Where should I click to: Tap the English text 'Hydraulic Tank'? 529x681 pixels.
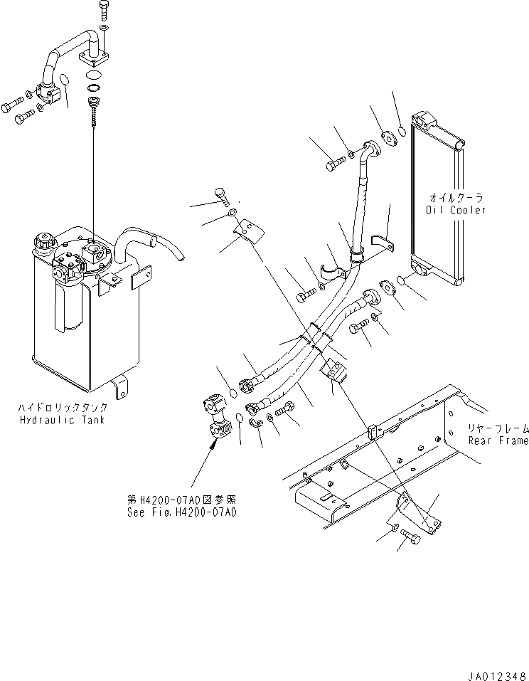point(63,420)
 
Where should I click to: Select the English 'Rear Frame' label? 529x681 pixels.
point(498,440)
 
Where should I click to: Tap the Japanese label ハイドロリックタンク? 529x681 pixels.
point(63,408)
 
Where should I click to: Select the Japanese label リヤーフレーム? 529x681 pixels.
point(498,428)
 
